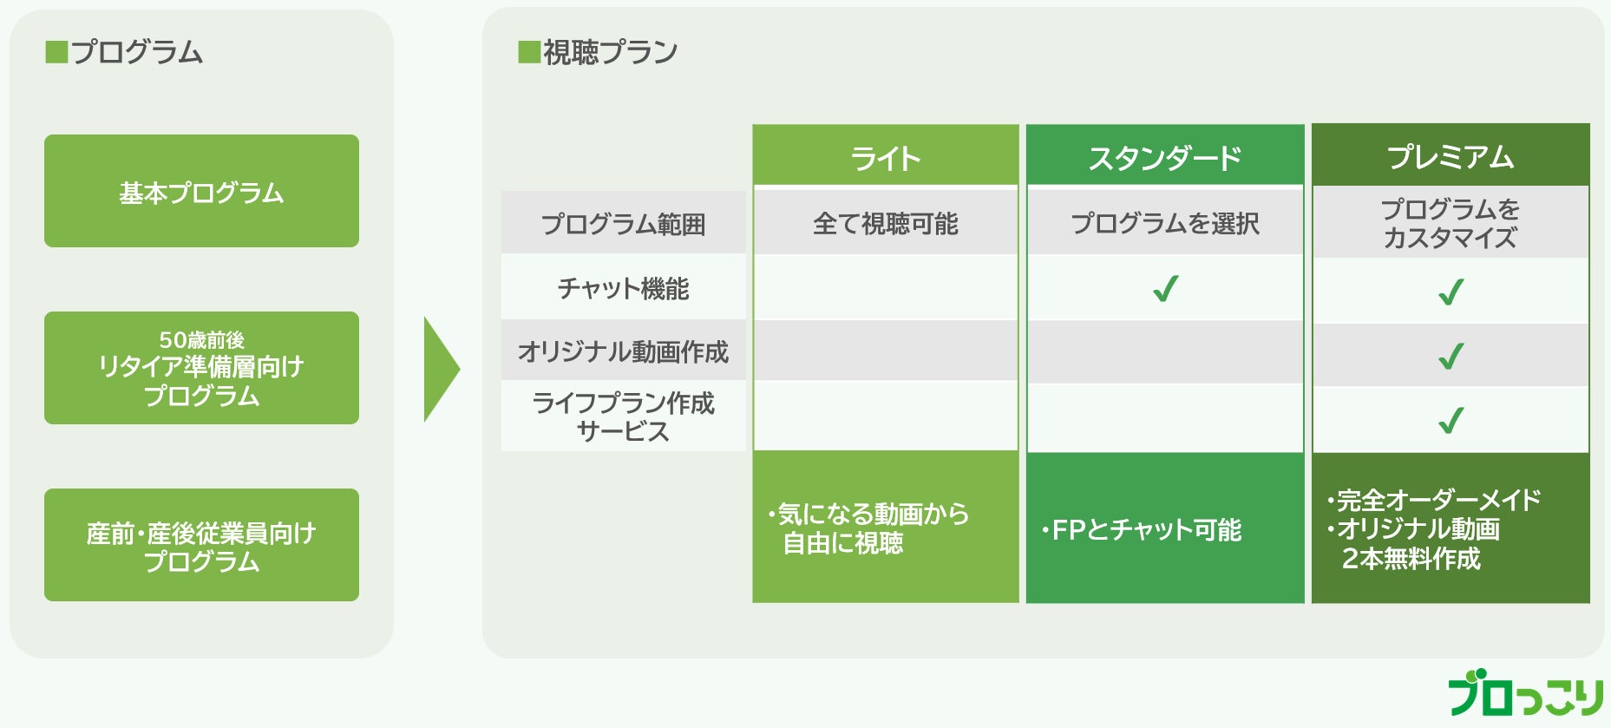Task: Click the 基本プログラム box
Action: click(201, 191)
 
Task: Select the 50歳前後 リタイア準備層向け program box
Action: click(201, 368)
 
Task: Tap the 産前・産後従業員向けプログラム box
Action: click(201, 545)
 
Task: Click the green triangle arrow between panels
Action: click(439, 369)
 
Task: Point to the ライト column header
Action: click(885, 157)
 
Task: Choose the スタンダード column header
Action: click(1165, 157)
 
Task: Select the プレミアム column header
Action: click(1451, 156)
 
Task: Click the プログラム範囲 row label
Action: click(623, 224)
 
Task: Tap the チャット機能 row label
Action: click(623, 288)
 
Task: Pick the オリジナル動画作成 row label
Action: click(623, 351)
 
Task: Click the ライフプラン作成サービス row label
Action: click(623, 416)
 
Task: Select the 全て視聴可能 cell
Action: click(885, 224)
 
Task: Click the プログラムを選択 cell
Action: click(1165, 224)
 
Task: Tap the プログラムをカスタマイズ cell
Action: click(1451, 223)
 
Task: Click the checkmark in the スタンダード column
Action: click(1165, 288)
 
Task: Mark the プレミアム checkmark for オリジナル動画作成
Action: click(1451, 356)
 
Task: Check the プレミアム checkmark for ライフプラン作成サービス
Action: click(1451, 420)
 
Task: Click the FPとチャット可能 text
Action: click(1145, 529)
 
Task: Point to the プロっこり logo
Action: click(1525, 693)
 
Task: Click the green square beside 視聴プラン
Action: click(528, 52)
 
